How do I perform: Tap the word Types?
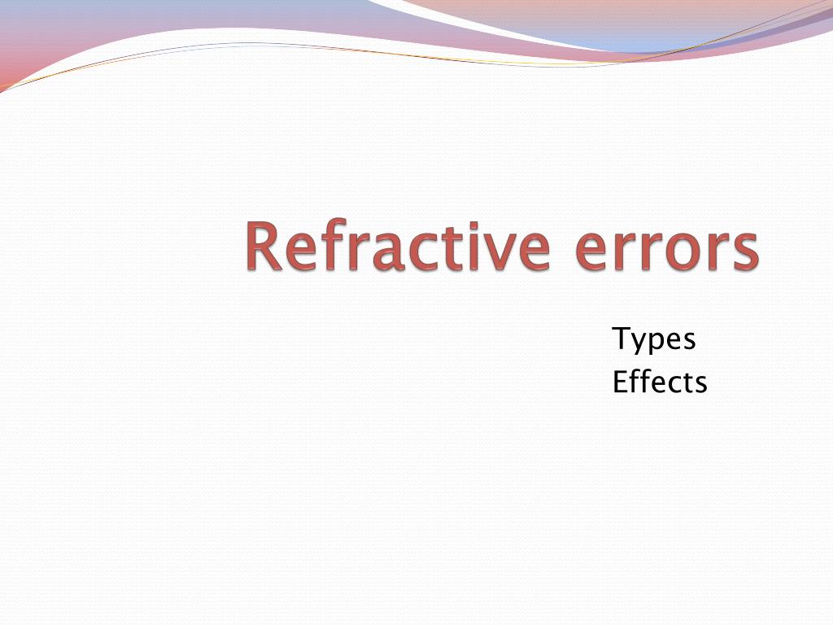[654, 339]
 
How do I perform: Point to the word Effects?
[660, 381]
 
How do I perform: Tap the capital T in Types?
[621, 338]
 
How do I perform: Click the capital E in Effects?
[620, 381]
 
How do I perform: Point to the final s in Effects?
[700, 383]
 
